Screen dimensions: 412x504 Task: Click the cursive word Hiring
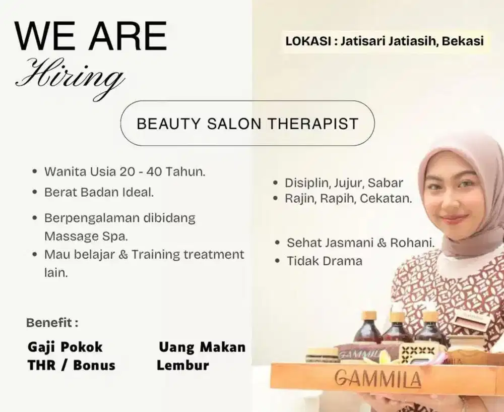pos(70,76)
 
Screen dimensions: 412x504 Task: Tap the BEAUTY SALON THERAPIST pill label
pos(247,124)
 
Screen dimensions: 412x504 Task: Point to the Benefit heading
pos(52,322)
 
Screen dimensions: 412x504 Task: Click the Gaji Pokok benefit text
pos(65,347)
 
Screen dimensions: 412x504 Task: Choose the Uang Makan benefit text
pos(202,347)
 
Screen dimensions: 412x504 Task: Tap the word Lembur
pos(182,365)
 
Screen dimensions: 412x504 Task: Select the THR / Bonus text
pos(71,365)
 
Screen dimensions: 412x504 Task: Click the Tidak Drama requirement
pos(324,261)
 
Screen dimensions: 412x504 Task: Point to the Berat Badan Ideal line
pos(99,192)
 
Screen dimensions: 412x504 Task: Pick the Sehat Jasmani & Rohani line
pos(360,243)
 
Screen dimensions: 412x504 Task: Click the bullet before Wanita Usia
pos(34,171)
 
